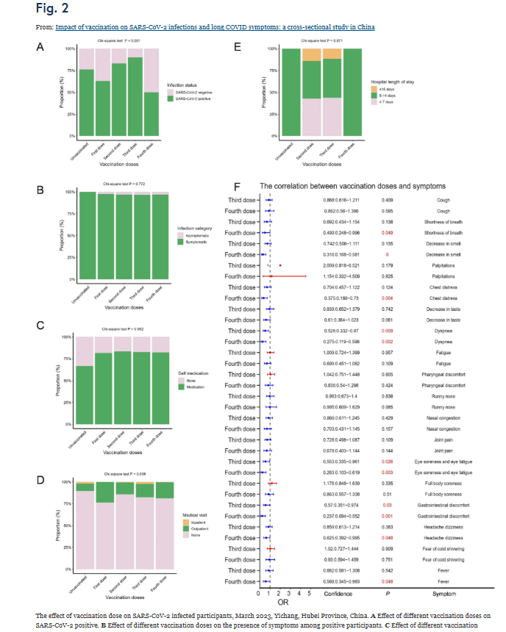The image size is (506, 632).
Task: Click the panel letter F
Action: click(x=237, y=187)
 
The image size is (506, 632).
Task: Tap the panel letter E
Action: click(x=237, y=46)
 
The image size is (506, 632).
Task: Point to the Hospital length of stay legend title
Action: click(x=395, y=81)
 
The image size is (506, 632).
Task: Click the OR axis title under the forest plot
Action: click(x=284, y=600)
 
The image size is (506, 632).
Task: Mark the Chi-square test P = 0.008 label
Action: click(x=118, y=474)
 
